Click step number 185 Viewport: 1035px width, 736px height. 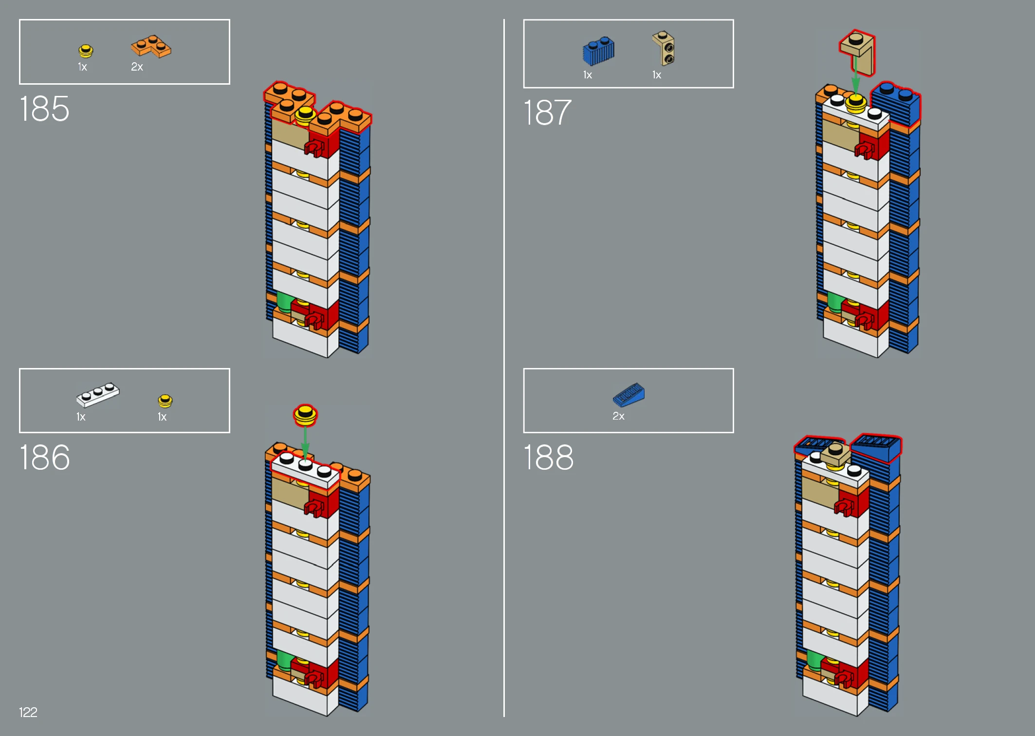point(44,109)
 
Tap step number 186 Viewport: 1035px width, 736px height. point(44,458)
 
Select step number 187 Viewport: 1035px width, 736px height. point(547,112)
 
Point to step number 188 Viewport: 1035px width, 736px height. point(549,458)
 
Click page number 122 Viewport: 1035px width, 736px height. point(28,712)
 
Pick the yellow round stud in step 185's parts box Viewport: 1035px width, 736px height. point(86,51)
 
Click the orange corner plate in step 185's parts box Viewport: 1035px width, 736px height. point(151,46)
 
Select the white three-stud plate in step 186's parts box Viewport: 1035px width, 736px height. point(98,394)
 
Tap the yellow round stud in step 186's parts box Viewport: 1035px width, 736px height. point(165,401)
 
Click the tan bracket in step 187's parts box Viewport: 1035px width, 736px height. point(664,48)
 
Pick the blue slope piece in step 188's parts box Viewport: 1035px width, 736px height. point(628,395)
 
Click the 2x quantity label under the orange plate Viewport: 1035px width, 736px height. point(137,67)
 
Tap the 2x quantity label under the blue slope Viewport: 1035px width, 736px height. point(618,416)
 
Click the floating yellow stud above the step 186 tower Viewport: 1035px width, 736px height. point(305,415)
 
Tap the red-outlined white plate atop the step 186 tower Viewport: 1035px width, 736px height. point(305,470)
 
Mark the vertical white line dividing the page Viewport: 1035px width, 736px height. point(504,368)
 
